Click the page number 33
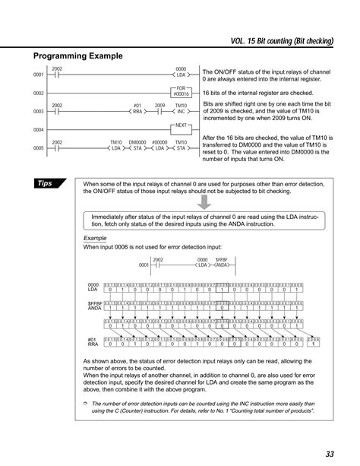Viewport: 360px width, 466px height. (330, 454)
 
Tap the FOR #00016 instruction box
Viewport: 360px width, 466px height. (181, 91)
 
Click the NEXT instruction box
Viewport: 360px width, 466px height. (181, 126)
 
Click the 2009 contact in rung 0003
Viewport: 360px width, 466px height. (159, 109)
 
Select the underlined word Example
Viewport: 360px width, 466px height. (95, 238)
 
